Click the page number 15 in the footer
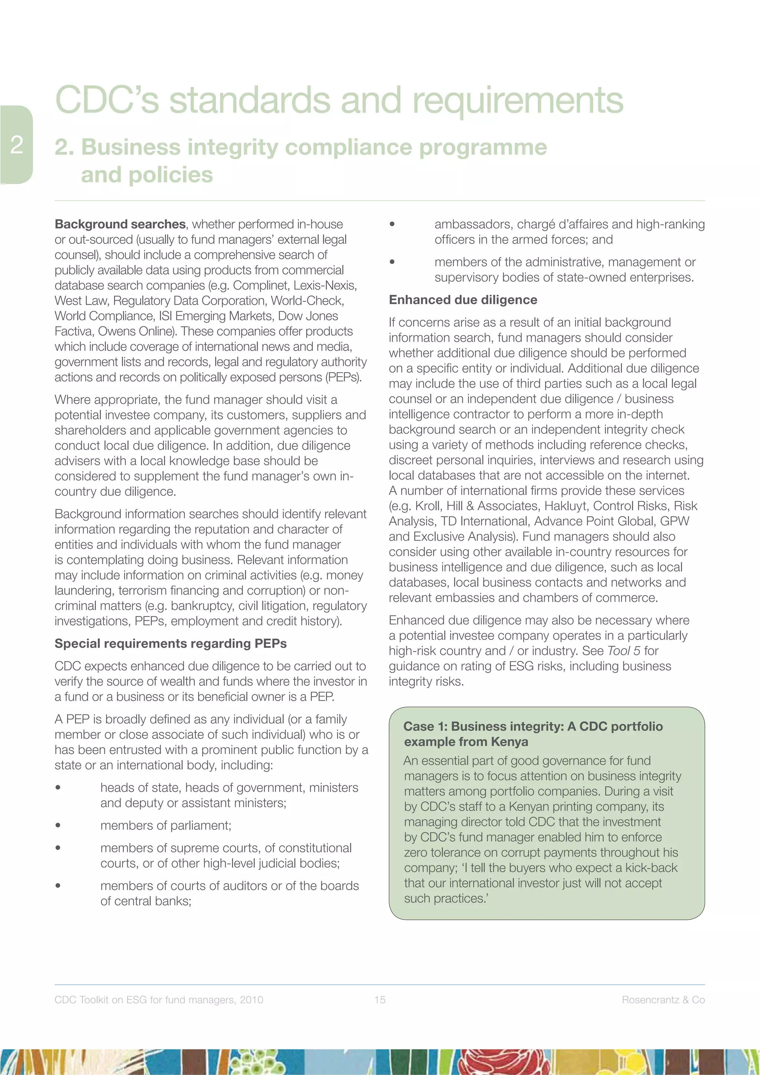click(x=380, y=1000)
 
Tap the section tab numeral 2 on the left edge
click(x=17, y=145)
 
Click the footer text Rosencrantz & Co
click(x=663, y=1000)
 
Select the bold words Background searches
click(x=120, y=224)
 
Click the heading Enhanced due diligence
click(x=463, y=300)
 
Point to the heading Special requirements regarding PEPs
click(x=170, y=643)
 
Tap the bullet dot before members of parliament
click(x=58, y=825)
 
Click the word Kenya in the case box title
click(x=510, y=742)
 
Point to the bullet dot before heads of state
click(x=58, y=787)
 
